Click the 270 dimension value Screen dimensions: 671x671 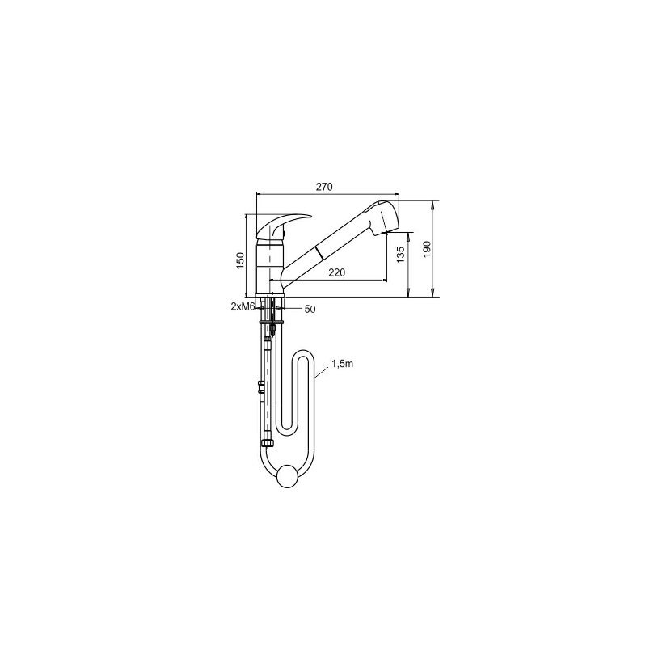(x=324, y=187)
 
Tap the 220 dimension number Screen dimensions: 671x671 (x=337, y=272)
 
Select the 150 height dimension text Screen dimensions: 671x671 (x=240, y=260)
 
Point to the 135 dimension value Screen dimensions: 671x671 (x=400, y=255)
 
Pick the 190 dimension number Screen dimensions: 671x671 (x=427, y=249)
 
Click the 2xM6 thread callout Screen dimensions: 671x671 (x=243, y=306)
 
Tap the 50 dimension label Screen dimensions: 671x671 (x=310, y=309)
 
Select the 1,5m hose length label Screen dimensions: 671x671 (x=342, y=364)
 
